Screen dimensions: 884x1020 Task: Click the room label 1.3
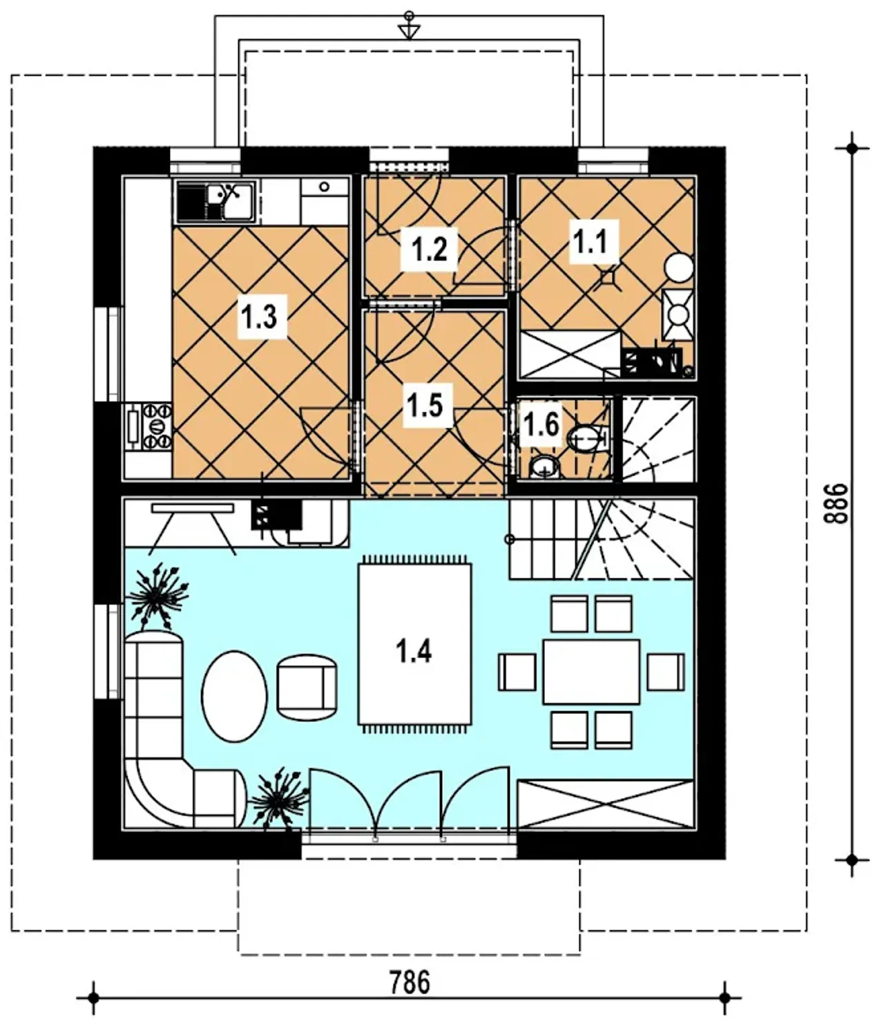pos(262,317)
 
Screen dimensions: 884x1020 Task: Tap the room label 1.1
pos(593,242)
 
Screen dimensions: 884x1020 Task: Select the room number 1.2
pos(429,249)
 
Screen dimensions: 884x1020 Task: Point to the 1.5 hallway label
pos(427,405)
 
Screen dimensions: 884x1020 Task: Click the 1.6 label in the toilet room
pos(541,424)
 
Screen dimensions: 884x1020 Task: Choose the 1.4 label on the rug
pos(414,651)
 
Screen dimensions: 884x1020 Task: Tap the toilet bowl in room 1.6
pos(587,437)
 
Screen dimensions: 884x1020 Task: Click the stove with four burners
pos(156,426)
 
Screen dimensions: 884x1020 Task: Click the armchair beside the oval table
pos(307,686)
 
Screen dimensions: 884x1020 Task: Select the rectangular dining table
pos(591,672)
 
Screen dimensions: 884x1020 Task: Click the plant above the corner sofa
pos(157,596)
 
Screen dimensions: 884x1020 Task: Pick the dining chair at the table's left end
pos(517,672)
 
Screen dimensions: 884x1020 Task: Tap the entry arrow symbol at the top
pos(409,27)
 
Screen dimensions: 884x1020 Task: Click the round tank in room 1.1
pos(680,267)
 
